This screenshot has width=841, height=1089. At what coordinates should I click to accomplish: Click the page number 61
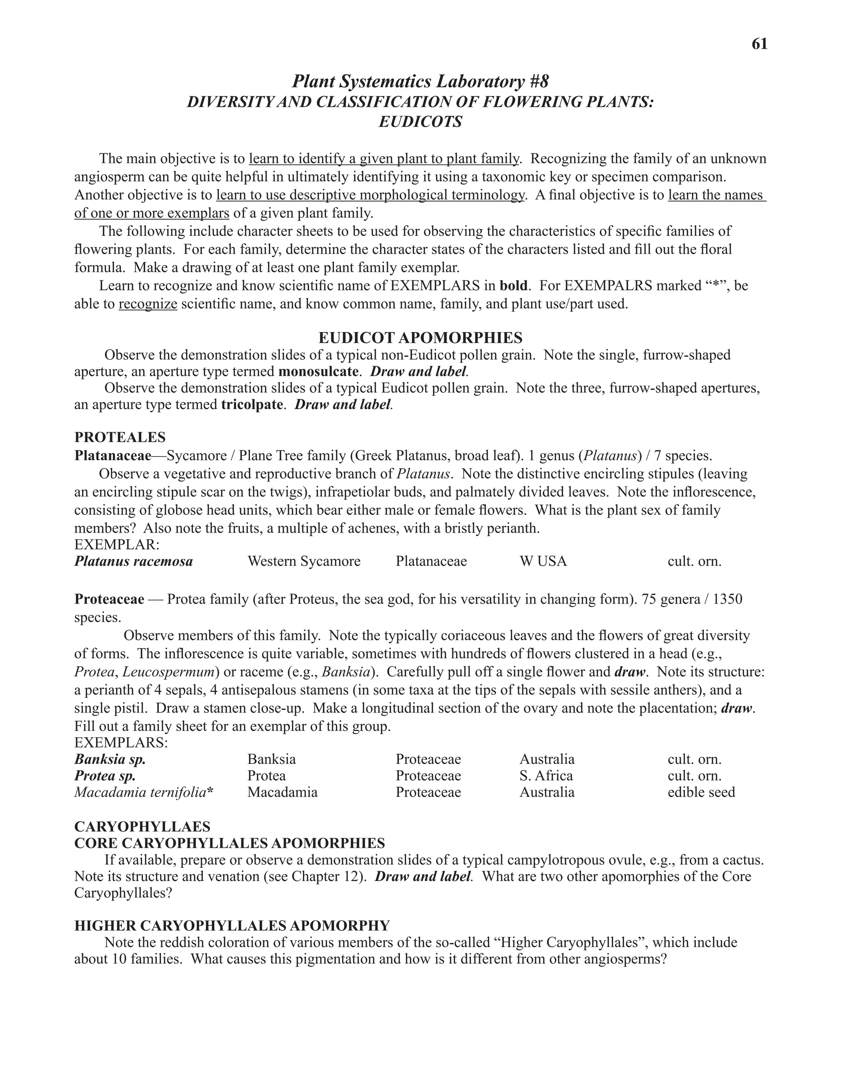point(759,44)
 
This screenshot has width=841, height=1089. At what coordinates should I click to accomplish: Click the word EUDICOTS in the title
point(420,122)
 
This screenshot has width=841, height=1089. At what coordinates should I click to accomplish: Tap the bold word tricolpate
point(252,404)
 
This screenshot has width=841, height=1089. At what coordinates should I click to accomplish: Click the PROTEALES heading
point(119,437)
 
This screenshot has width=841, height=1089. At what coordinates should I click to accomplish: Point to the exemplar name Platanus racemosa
point(133,561)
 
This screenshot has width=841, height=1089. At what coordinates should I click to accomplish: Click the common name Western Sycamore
point(304,561)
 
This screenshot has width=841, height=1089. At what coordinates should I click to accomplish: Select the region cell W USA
point(543,561)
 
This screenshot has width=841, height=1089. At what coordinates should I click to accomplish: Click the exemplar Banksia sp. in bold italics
point(110,759)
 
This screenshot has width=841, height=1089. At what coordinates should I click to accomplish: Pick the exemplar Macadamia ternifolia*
point(143,792)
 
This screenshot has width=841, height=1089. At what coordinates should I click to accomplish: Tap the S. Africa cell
point(546,776)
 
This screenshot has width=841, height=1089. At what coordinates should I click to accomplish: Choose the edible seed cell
point(701,792)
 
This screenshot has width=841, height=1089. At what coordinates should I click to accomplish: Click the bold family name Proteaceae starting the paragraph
point(109,599)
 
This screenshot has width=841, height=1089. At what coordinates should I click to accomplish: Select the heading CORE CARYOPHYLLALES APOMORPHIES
point(229,843)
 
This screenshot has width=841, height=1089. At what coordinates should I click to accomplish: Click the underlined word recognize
point(148,304)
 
